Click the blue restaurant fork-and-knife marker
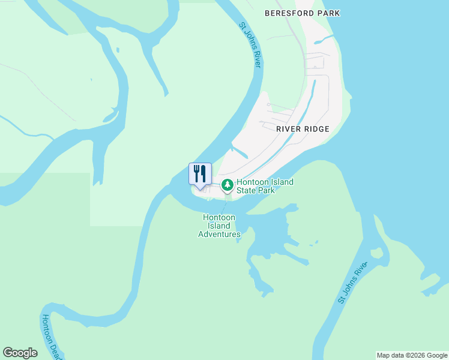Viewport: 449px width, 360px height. click(200, 174)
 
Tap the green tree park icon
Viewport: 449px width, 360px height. click(227, 185)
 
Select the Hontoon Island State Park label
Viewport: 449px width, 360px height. click(265, 186)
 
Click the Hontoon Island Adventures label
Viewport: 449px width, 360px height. click(219, 226)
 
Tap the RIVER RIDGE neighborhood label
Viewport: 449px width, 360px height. click(303, 128)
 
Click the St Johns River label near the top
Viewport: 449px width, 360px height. click(250, 45)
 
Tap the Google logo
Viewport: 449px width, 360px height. click(20, 353)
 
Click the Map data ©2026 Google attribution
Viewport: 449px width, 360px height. click(412, 355)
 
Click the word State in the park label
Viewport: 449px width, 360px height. click(247, 190)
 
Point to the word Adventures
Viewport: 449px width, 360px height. click(219, 234)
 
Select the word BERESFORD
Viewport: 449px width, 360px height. click(289, 13)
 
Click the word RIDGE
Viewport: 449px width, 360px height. click(318, 128)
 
